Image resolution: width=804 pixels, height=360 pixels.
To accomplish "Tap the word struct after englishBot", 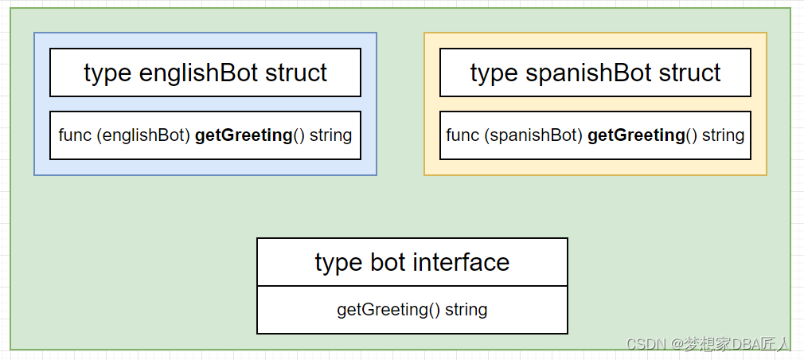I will click(296, 73).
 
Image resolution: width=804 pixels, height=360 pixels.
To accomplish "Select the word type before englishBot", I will click(107, 73).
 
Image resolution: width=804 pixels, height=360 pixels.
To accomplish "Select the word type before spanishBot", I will click(494, 73).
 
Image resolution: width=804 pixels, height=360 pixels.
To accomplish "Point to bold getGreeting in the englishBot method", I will click(244, 135).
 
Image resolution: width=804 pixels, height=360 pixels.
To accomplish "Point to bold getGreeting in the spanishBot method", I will click(636, 135).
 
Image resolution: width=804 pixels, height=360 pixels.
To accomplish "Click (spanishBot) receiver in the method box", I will click(533, 135).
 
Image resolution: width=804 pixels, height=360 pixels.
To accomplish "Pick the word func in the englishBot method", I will click(75, 135).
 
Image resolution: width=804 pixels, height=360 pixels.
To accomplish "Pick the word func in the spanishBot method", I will click(462, 135).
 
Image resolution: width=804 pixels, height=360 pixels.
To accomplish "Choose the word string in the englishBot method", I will click(330, 135).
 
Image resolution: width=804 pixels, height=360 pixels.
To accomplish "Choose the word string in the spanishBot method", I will click(723, 135).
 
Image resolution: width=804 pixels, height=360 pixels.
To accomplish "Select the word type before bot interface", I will click(338, 262).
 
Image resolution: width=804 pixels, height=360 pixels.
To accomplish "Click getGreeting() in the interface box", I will click(388, 310).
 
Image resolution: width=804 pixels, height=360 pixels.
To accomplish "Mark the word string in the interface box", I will click(466, 310).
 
